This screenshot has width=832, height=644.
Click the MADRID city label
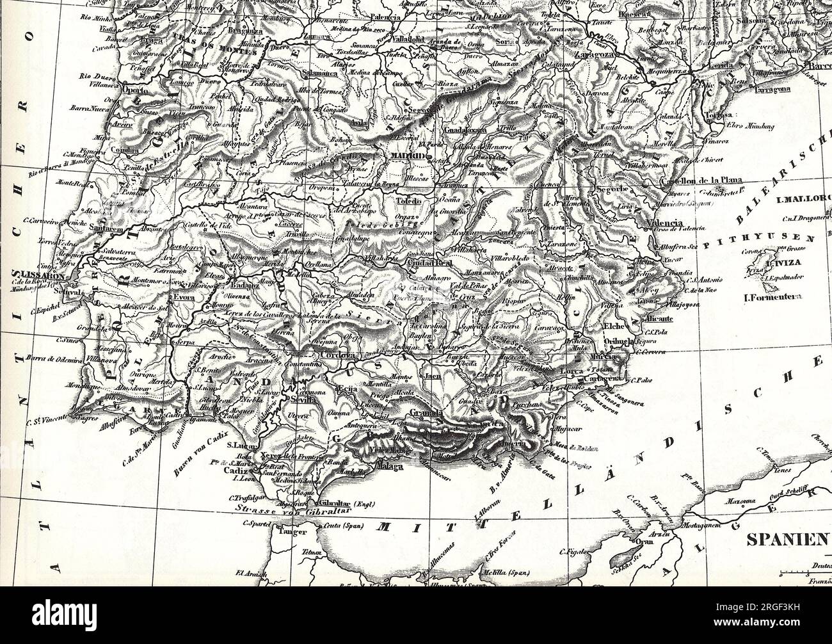[407, 156]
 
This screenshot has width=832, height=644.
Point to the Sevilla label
[303, 398]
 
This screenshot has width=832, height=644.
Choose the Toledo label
[408, 201]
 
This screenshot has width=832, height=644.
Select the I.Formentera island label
[773, 297]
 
